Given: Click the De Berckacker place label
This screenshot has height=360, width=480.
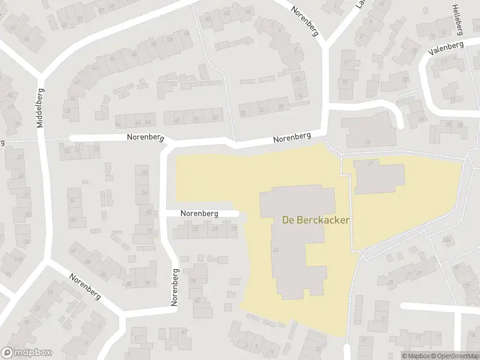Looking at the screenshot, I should click(316, 220).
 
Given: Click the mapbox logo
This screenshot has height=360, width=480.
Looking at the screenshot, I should click(26, 353).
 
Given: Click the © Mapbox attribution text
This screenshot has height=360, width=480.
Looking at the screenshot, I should click(416, 356).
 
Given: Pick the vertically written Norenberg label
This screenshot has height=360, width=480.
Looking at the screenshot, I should click(175, 288).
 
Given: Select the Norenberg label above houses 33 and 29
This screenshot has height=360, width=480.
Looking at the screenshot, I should click(200, 214).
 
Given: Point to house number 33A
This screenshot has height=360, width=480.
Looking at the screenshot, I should click(446, 239).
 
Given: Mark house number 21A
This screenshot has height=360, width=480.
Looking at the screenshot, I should click(18, 259).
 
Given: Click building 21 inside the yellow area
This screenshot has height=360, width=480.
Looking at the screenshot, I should click(370, 163).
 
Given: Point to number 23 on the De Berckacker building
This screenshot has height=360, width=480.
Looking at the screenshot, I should click(274, 250).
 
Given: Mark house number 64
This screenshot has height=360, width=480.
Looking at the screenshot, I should click(145, 192).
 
